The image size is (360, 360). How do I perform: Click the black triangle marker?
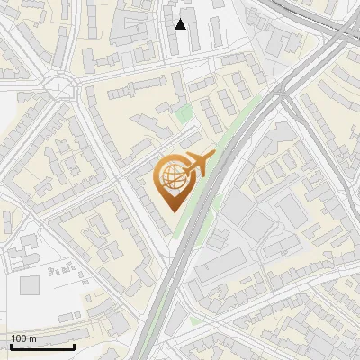[181, 24]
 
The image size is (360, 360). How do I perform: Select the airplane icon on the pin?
[197, 164]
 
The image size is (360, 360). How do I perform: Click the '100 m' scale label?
[23, 337]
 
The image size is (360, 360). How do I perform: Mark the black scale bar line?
[42, 346]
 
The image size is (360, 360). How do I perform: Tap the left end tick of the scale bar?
[11, 345]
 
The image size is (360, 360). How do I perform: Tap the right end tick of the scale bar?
[74, 345]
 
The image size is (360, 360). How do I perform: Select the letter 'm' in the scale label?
[32, 337]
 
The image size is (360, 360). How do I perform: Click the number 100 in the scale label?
[19, 337]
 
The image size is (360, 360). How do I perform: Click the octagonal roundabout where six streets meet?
[68, 85]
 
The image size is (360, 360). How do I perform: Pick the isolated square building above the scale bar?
[30, 285]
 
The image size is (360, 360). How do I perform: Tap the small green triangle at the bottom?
[195, 319]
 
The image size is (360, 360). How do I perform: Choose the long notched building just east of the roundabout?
[135, 89]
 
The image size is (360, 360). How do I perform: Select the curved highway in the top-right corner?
[333, 27]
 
